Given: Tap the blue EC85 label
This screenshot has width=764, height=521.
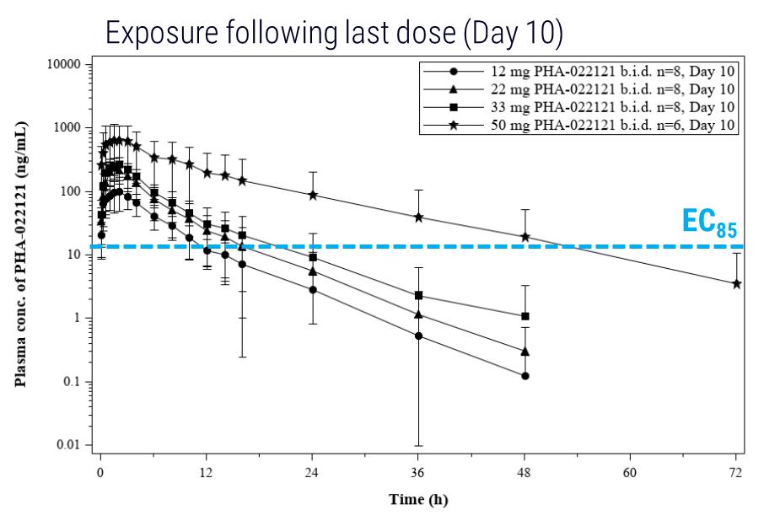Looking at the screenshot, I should tap(708, 222).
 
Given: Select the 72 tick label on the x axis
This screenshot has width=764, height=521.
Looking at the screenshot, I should tap(735, 470).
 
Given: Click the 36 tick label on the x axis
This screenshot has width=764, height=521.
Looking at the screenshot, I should tap(418, 470).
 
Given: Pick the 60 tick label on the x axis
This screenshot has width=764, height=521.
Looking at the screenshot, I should tap(630, 470).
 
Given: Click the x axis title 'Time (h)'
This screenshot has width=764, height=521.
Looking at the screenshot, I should tap(418, 500).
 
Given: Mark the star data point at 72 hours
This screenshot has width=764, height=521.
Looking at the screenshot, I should tap(736, 284).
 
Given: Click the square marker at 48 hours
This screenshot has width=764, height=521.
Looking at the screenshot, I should tap(525, 316).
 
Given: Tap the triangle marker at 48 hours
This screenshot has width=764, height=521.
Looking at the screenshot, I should tap(525, 352).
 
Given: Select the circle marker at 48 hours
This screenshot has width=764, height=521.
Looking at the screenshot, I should tap(525, 375).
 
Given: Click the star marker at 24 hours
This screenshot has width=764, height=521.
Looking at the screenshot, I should tap(313, 195).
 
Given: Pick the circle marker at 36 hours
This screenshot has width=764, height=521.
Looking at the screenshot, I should tap(419, 336).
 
